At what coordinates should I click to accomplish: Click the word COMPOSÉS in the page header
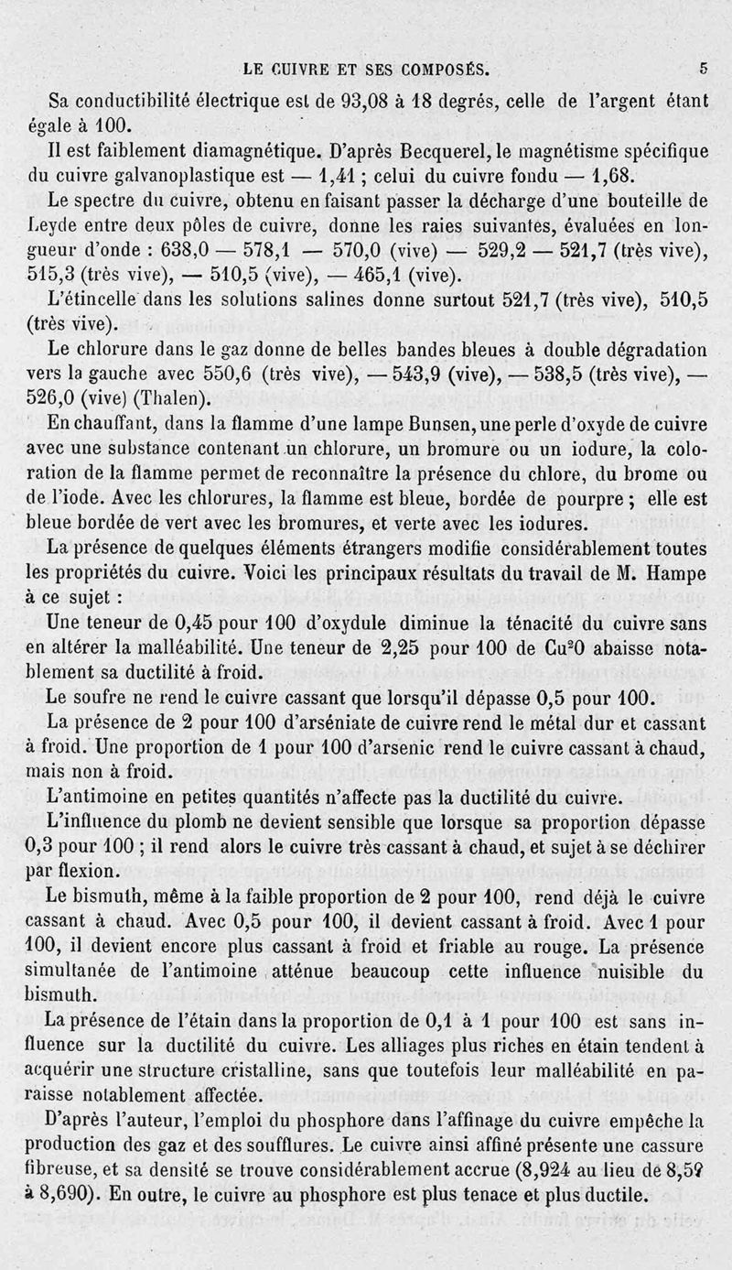pyautogui.click(x=435, y=68)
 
